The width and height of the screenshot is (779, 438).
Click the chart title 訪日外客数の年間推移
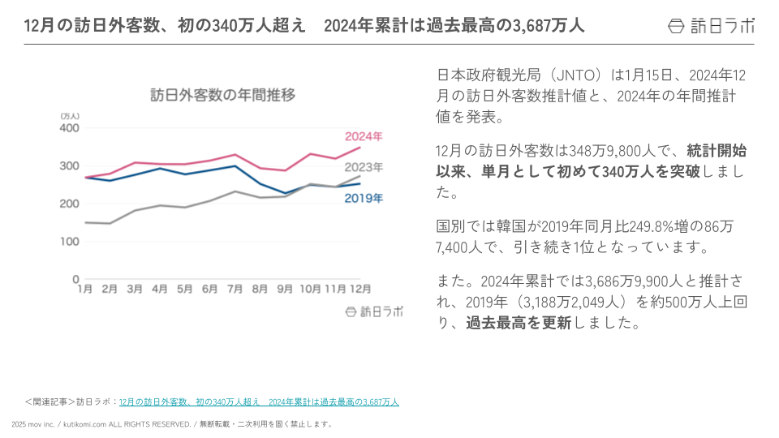[x=222, y=95]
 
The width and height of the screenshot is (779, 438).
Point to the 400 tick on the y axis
[x=70, y=128]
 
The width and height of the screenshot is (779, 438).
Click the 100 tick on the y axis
[x=70, y=242]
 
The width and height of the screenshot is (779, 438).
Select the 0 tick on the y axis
[x=76, y=280]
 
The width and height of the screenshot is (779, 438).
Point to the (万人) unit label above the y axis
[x=70, y=117]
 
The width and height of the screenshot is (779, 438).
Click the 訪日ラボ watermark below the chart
[x=374, y=311]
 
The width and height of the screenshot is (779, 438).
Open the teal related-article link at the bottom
[x=259, y=401]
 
